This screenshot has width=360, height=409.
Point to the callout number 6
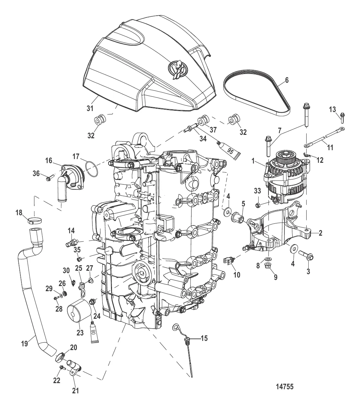point(286,80)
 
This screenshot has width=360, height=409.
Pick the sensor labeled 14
point(70,243)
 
